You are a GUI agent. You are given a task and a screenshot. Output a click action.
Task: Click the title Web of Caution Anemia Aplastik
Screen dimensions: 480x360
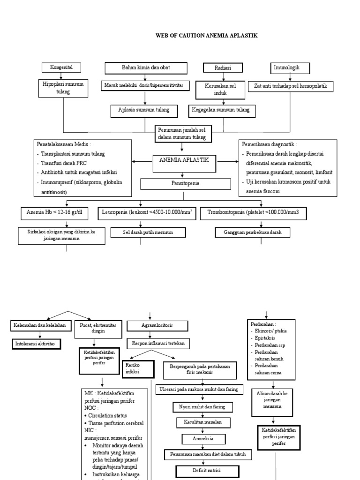[x=206, y=36]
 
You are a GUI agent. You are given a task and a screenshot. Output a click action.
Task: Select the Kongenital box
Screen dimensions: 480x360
[x=61, y=67]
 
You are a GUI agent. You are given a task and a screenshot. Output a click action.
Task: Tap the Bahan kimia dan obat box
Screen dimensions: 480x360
[x=146, y=68]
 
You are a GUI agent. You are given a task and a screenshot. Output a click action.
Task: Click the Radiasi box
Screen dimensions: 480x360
[x=223, y=68]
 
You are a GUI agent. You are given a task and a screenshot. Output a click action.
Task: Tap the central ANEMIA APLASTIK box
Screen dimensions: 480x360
[x=180, y=161]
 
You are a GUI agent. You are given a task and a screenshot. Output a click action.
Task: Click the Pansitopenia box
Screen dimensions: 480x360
[x=180, y=183]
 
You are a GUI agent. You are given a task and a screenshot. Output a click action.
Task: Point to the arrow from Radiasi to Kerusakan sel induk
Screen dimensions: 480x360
[x=222, y=77]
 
